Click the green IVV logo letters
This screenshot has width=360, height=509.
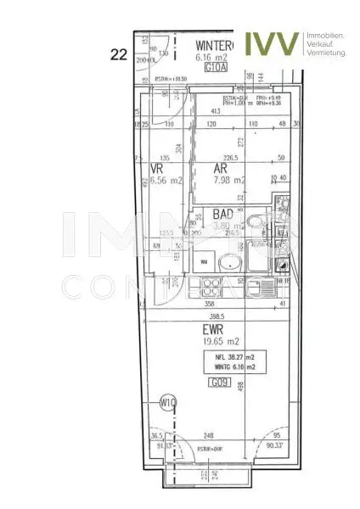pos(272,42)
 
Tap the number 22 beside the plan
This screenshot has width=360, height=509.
pos(119,54)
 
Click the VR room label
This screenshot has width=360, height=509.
pos(157,169)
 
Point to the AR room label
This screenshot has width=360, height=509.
pos(221,169)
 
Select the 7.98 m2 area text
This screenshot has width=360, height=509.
pos(229,180)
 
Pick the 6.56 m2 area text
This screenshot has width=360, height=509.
pos(166,180)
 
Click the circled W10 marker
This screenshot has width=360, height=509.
pos(167,404)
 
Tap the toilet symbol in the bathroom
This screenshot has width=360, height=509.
pos(255,226)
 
